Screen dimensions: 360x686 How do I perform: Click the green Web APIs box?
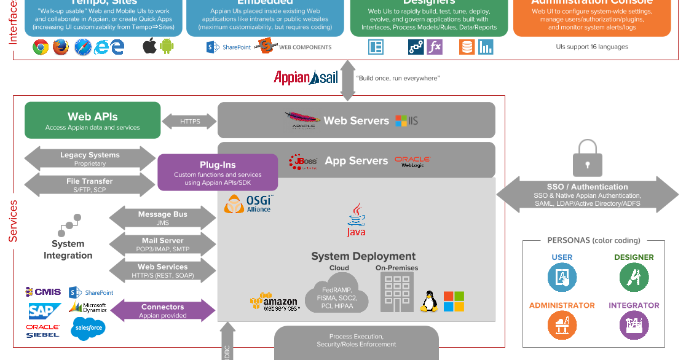tap(92, 120)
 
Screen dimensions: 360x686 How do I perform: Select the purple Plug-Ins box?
tap(218, 172)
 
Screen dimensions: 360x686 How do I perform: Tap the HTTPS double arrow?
tap(190, 122)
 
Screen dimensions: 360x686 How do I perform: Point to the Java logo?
tap(356, 221)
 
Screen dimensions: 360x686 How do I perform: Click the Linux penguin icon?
tap(428, 301)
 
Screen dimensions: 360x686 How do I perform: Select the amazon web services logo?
tap(274, 302)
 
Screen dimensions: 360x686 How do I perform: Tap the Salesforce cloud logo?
tap(89, 329)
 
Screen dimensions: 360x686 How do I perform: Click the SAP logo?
tap(44, 311)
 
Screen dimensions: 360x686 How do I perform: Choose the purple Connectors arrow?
tap(162, 311)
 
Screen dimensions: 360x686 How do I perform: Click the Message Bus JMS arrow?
tap(162, 218)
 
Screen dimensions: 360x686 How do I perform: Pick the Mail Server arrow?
tap(162, 245)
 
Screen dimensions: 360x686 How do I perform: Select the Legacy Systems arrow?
tap(90, 159)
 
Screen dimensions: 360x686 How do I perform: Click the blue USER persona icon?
tap(562, 277)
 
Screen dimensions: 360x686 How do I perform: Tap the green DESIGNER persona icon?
tap(634, 277)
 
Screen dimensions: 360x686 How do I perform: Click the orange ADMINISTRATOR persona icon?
tap(562, 325)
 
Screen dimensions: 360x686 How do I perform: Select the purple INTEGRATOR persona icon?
tap(634, 325)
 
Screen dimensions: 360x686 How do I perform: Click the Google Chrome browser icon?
tap(41, 47)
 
